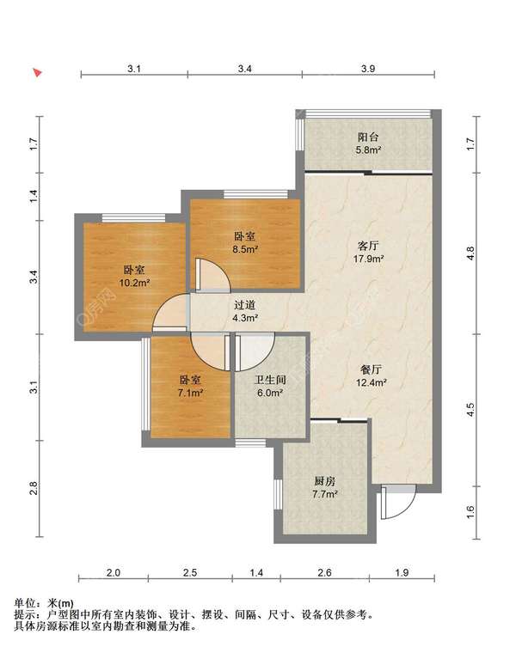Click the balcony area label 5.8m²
pyautogui.click(x=368, y=150)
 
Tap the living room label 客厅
pyautogui.click(x=368, y=246)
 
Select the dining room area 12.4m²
pyautogui.click(x=372, y=381)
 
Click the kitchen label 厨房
pyautogui.click(x=325, y=481)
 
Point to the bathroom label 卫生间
pyautogui.click(x=270, y=380)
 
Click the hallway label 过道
pyautogui.click(x=244, y=305)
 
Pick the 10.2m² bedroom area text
pyautogui.click(x=134, y=284)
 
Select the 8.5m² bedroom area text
pyautogui.click(x=244, y=249)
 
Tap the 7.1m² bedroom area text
pyautogui.click(x=190, y=393)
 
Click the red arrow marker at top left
pyautogui.click(x=38, y=73)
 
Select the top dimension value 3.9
pyautogui.click(x=368, y=69)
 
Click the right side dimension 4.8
pyautogui.click(x=470, y=253)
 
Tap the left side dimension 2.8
pyautogui.click(x=34, y=488)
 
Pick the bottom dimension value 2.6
pyautogui.click(x=324, y=573)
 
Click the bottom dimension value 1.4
pyautogui.click(x=256, y=573)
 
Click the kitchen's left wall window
pyautogui.click(x=278, y=494)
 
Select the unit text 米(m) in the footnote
pyautogui.click(x=61, y=602)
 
